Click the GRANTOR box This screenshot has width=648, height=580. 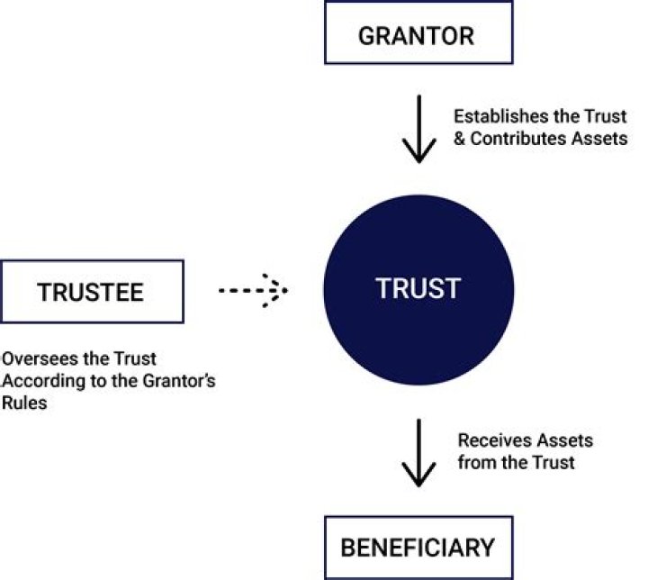pos(418,35)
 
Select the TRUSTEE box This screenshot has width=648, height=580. pos(92,292)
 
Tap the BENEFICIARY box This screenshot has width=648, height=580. pos(418,547)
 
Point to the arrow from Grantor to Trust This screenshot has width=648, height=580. pos(418,130)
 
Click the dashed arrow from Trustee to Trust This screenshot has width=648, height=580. pos(252,291)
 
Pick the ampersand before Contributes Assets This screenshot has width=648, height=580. pos(460,140)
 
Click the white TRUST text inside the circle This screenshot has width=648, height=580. pos(418,288)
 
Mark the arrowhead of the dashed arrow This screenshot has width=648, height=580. pos(277,291)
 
